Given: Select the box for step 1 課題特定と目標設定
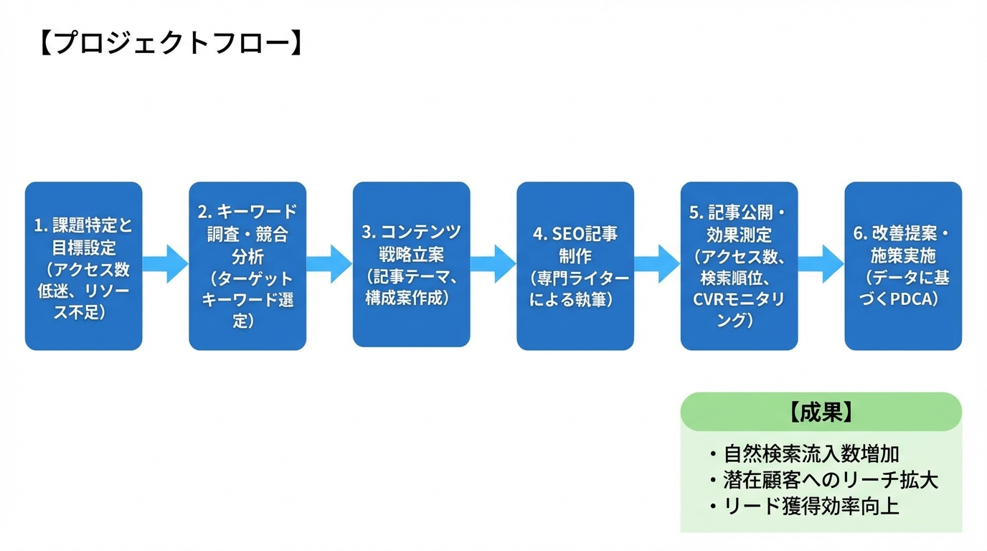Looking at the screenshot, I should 83,266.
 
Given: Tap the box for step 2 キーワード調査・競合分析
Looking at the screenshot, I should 247,266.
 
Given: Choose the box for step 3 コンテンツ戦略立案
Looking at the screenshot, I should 411,265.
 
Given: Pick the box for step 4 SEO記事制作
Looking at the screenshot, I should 575,266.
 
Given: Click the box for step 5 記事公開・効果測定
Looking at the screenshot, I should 739,266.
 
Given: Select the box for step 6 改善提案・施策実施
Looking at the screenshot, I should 902,266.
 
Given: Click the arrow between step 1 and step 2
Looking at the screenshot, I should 166,264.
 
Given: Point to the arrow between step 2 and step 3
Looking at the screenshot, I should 330,264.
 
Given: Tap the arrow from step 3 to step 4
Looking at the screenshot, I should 494,264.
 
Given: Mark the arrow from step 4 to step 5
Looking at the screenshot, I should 658,264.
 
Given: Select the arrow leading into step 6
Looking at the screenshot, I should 822,264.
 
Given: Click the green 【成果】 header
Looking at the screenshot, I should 821,412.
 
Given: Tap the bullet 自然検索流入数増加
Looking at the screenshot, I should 811,454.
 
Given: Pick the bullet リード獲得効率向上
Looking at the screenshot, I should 811,507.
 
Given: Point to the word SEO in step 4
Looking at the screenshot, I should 569,234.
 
